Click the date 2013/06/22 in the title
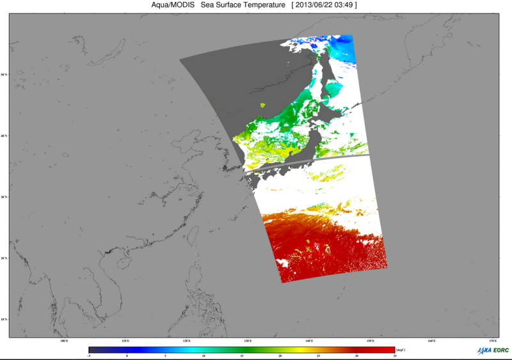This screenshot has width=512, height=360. click(x=316, y=5)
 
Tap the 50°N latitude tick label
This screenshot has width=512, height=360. click(x=4, y=75)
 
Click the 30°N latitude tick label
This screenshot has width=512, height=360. click(x=4, y=197)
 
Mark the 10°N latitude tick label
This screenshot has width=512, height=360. click(x=4, y=319)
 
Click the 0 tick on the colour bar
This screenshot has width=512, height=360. click(x=127, y=356)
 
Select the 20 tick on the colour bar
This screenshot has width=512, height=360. click(x=280, y=356)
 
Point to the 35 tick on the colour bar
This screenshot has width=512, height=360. click(x=395, y=356)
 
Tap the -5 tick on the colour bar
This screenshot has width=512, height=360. click(x=89, y=356)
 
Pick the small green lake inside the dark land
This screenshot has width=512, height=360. click(x=263, y=104)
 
